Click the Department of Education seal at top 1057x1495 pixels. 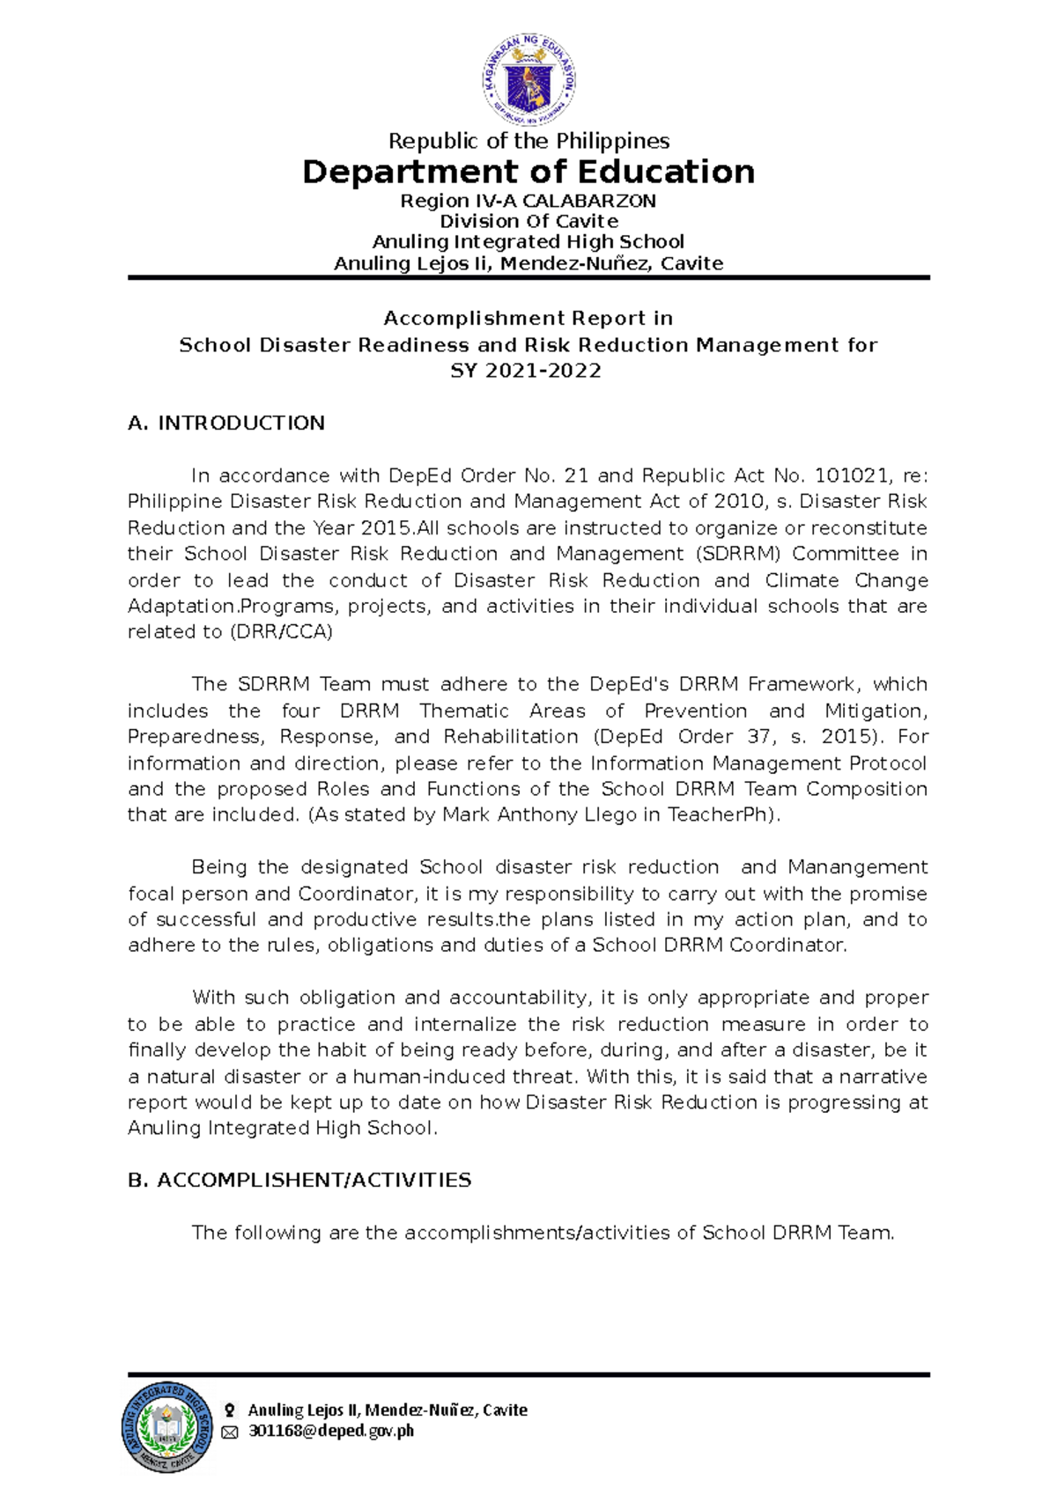pyautogui.click(x=529, y=81)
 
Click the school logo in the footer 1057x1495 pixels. pyautogui.click(x=167, y=1427)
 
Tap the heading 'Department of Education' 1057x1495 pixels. pyautogui.click(x=528, y=172)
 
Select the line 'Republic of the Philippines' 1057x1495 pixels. pyautogui.click(x=528, y=141)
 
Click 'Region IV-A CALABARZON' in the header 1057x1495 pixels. pyautogui.click(x=528, y=201)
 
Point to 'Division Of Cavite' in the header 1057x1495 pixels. pyautogui.click(x=528, y=221)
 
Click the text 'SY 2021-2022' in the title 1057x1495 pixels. pyautogui.click(x=526, y=371)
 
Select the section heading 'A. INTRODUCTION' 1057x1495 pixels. pyautogui.click(x=226, y=423)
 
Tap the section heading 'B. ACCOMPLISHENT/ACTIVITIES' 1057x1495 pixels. pyautogui.click(x=299, y=1180)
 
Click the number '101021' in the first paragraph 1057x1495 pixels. pyautogui.click(x=851, y=476)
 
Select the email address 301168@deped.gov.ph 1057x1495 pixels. pyautogui.click(x=331, y=1432)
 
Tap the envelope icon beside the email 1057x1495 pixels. pyautogui.click(x=229, y=1432)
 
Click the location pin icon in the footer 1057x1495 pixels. pyautogui.click(x=229, y=1410)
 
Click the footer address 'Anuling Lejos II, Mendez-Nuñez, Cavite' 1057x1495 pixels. pyautogui.click(x=388, y=1410)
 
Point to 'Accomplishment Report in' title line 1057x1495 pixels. pyautogui.click(x=528, y=318)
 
